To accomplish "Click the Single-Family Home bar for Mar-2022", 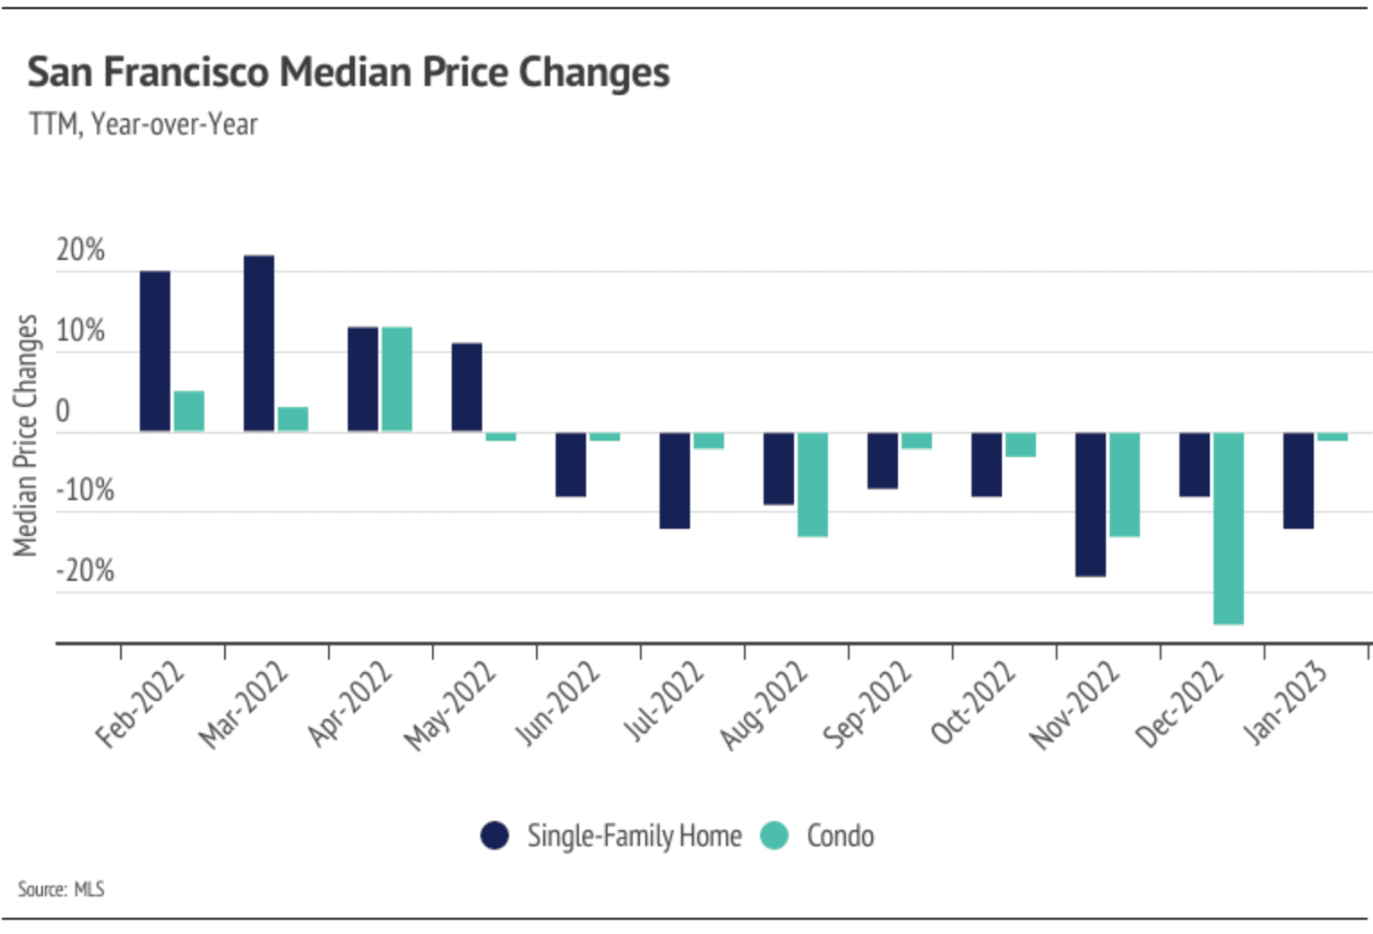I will [259, 343].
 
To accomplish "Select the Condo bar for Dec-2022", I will [1228, 528].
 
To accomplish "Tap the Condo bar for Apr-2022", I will [397, 379].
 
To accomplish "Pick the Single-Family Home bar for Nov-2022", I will [1091, 504].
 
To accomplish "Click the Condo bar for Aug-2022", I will [813, 484].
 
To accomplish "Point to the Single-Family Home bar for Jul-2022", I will [675, 480].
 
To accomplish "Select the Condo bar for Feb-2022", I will [189, 411].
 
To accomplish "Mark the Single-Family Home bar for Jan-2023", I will [1299, 480].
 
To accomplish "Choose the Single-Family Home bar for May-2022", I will [467, 387].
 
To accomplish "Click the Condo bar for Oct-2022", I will [1021, 445].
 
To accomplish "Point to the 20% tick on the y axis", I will [81, 250].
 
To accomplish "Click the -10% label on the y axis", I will [85, 490].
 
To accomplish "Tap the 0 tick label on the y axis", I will [63, 411].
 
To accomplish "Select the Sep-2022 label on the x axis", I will [867, 705].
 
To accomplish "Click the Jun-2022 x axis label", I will [557, 705].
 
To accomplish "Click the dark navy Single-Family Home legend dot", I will [495, 835].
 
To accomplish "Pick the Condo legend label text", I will [840, 835].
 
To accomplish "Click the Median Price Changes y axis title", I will [25, 436].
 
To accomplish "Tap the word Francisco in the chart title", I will [185, 72].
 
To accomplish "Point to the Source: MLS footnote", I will [61, 889].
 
